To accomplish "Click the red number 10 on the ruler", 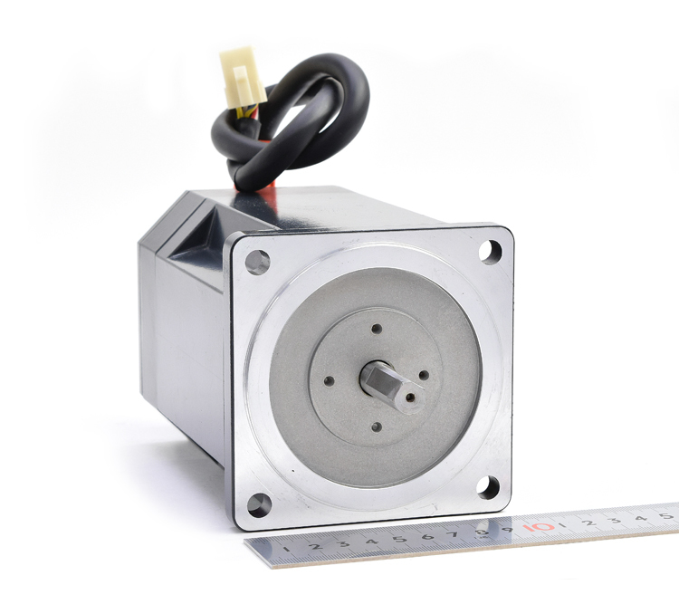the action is (539, 527).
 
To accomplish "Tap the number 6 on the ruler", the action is (428, 537).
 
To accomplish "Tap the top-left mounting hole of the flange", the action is (258, 262).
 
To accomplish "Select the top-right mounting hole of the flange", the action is (490, 252).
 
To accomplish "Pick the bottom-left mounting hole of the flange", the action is (259, 505).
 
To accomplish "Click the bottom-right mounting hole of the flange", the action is (488, 487).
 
